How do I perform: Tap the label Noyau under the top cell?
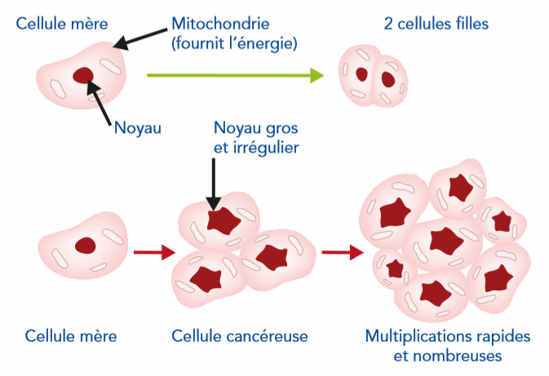click(x=138, y=127)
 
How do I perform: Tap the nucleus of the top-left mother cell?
click(x=83, y=77)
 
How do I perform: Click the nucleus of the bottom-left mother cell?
click(x=86, y=246)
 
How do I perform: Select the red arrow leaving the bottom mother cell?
click(x=153, y=252)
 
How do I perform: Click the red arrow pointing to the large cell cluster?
click(x=342, y=252)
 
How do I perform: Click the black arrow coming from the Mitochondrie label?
click(x=142, y=33)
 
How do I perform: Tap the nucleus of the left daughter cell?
click(x=362, y=74)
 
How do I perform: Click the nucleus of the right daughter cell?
click(x=388, y=79)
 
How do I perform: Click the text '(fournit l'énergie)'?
click(x=235, y=42)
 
